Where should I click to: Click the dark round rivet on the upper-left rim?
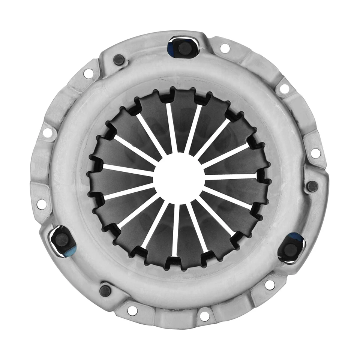pyautogui.click(x=119, y=59)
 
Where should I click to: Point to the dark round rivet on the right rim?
pyautogui.click(x=312, y=186)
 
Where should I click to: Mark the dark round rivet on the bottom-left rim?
pyautogui.click(x=105, y=290)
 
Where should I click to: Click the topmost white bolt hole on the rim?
pyautogui.click(x=225, y=48)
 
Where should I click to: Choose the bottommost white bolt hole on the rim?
pyautogui.click(x=204, y=316)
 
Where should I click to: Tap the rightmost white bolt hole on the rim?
pyautogui.click(x=316, y=153)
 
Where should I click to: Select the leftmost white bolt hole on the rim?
pyautogui.click(x=42, y=204)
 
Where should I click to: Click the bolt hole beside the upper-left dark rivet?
pyautogui.click(x=88, y=73)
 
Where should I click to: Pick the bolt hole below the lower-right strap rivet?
pyautogui.click(x=270, y=285)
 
